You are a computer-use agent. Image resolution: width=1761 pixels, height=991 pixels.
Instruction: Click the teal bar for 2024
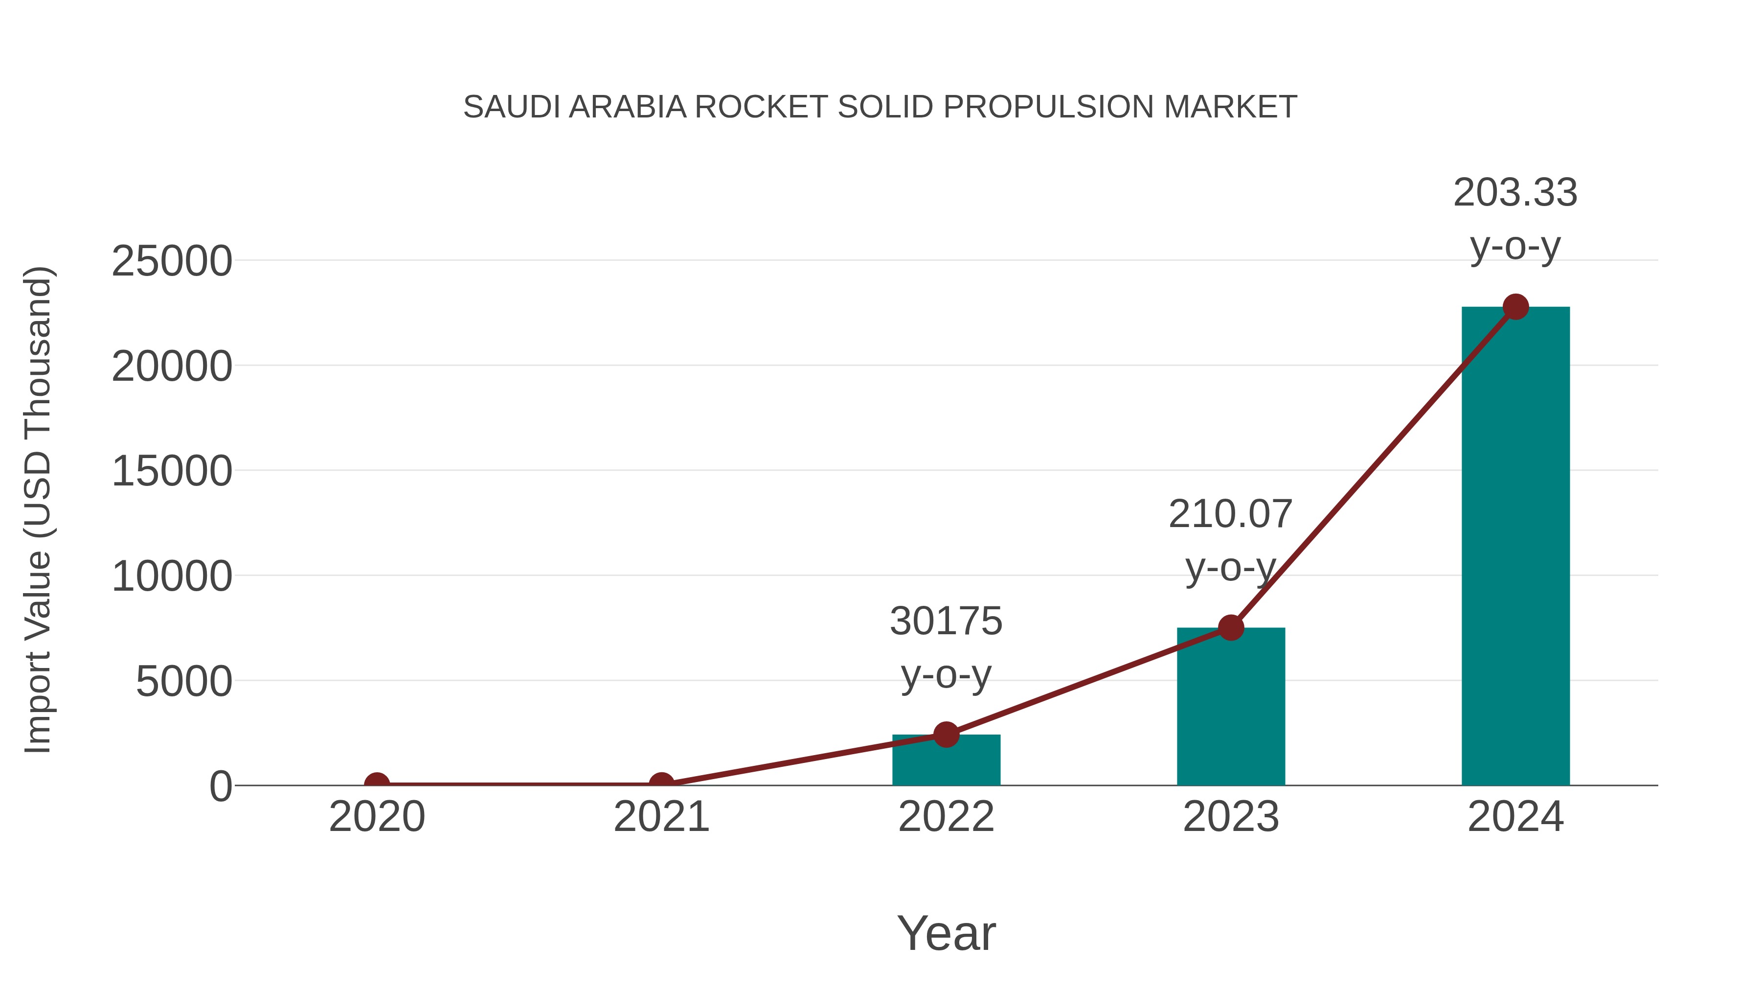[1515, 547]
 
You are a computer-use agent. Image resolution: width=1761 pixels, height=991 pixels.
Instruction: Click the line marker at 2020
[377, 784]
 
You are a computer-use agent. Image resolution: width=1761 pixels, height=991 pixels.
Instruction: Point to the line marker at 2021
[661, 784]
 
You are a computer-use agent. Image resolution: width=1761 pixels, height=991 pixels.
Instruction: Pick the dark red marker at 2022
[946, 735]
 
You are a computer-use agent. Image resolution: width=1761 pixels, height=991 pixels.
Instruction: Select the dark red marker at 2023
[1231, 627]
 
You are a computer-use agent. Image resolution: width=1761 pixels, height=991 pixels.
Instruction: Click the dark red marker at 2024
[1515, 307]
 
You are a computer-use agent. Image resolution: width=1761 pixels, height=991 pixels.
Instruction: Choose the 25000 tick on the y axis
[172, 261]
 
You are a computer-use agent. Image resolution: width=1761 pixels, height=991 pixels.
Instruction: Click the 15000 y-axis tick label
[172, 471]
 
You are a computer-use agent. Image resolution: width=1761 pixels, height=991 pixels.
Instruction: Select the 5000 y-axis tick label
[184, 682]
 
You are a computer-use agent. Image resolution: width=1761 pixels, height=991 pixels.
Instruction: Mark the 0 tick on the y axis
[221, 786]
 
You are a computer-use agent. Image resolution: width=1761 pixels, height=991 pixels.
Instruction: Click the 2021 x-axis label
[661, 817]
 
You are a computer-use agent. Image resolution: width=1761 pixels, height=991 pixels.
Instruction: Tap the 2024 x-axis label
[1515, 817]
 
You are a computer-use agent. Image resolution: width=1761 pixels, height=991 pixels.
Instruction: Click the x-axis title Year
[946, 933]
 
